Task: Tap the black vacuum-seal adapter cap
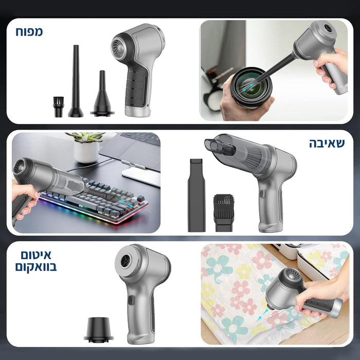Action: coord(99,329)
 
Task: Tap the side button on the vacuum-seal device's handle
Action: coord(130,301)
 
